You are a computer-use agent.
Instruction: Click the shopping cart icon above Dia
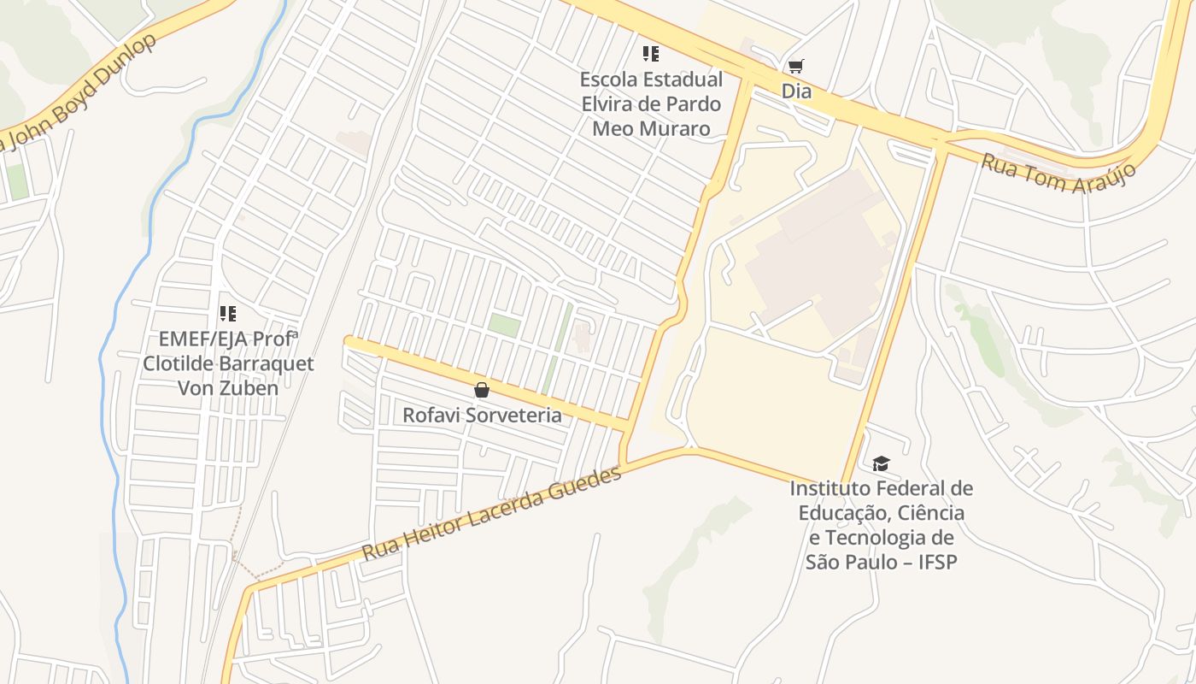[795, 66]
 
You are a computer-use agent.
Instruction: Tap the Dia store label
[795, 91]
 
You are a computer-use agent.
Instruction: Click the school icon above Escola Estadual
[651, 54]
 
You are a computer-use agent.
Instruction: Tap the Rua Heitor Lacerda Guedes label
[492, 513]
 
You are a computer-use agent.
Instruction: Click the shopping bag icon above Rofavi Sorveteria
[482, 390]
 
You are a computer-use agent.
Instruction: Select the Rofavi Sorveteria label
[482, 416]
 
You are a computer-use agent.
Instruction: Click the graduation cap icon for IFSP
[881, 463]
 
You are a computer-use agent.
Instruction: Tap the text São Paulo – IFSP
[881, 562]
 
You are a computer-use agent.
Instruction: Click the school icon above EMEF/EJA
[227, 314]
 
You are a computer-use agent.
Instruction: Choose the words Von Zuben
[227, 388]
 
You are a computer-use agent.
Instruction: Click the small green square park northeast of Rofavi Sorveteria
[504, 325]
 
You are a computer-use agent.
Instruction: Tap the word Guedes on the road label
[590, 484]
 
